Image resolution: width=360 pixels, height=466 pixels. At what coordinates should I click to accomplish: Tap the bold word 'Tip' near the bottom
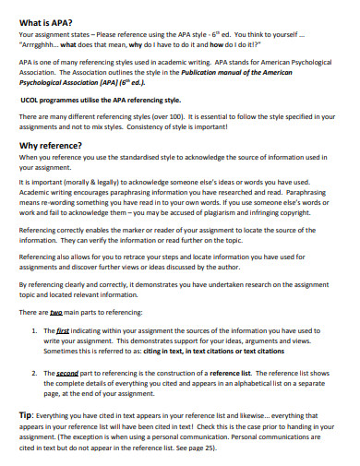[x=26, y=415]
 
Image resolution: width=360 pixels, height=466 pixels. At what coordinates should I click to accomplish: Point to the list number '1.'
[x=35, y=329]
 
